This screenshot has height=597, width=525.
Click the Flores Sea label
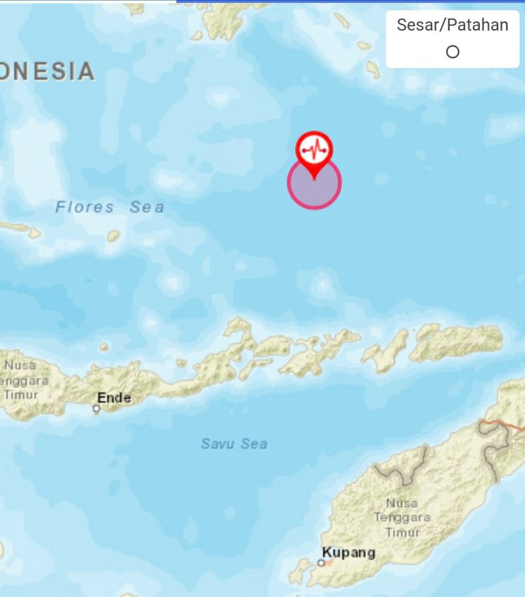click(110, 206)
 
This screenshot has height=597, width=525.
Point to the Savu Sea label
click(234, 444)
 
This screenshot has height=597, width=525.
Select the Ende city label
click(113, 398)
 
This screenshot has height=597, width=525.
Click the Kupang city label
click(349, 552)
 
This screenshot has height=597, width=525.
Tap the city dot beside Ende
click(96, 409)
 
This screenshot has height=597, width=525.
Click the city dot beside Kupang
click(321, 563)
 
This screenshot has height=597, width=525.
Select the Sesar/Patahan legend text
click(453, 25)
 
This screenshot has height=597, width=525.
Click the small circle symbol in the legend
click(452, 52)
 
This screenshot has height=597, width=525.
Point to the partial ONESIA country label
click(46, 72)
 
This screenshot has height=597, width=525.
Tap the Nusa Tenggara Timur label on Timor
click(401, 517)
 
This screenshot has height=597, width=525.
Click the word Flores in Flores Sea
click(85, 206)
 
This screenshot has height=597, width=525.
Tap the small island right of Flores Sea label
click(113, 236)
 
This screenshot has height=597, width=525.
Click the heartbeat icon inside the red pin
click(314, 147)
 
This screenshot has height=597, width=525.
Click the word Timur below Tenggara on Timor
click(403, 532)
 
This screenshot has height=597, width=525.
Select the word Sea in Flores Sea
click(147, 206)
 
